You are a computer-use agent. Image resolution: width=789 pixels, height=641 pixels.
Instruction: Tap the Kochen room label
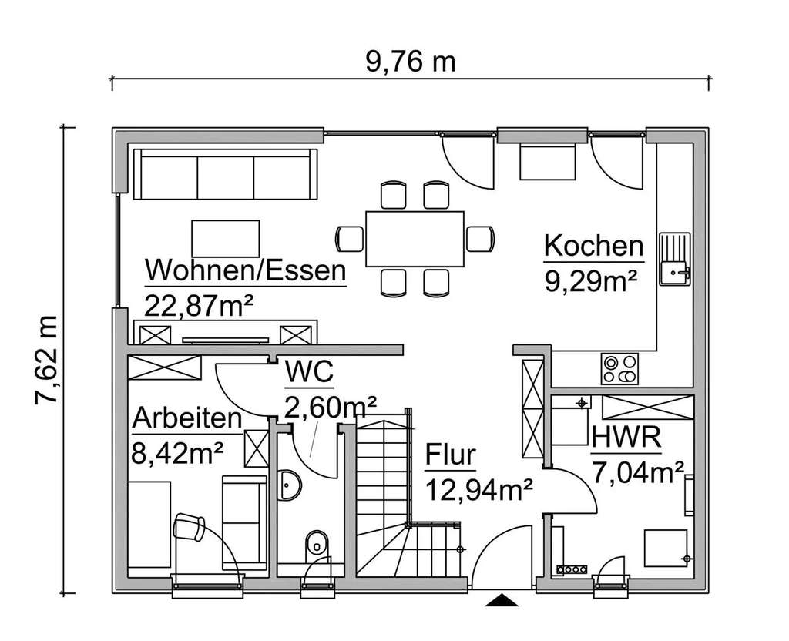pos(593,247)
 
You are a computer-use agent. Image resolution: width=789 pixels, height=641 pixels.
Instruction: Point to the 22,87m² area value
pos(199,304)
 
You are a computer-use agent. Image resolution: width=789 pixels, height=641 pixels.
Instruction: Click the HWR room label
pos(626,438)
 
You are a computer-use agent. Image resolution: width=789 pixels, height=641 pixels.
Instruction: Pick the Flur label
pos(450,455)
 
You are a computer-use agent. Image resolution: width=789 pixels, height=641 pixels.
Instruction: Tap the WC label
pos(309,373)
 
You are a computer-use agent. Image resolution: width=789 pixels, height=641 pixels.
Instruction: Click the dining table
pos(415,238)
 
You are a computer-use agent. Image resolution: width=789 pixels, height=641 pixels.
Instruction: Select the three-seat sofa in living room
pos(225,174)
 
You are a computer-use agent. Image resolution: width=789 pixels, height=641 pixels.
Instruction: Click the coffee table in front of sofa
pos(225,238)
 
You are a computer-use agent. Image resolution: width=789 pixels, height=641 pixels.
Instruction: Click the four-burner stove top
pos(620,368)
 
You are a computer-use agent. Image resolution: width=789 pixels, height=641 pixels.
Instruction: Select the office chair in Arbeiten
pos(188,529)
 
